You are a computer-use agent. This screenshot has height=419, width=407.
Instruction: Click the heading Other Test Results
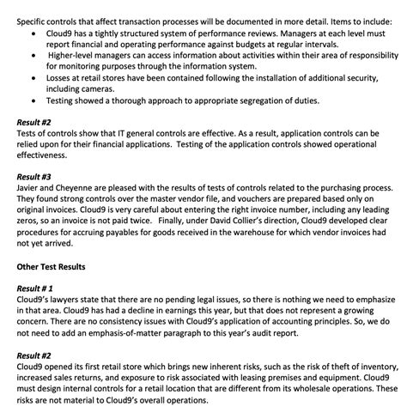(x=52, y=266)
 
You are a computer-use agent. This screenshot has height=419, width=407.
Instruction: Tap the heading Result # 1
(x=37, y=288)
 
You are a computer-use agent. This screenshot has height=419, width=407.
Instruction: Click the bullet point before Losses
(x=33, y=76)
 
